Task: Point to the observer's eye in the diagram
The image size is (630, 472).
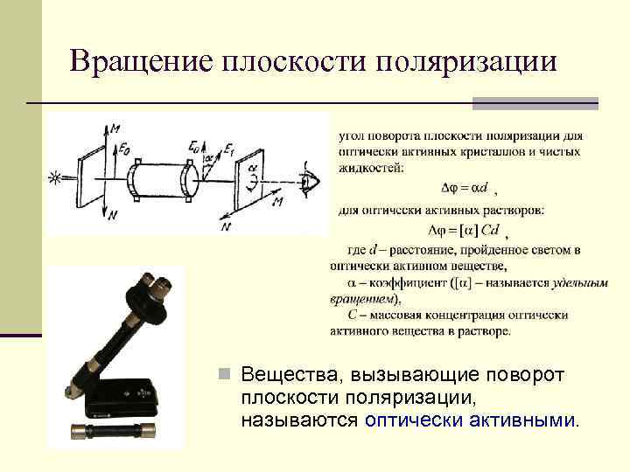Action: [x=309, y=179]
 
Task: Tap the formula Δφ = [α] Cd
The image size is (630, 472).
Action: [x=465, y=230]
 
